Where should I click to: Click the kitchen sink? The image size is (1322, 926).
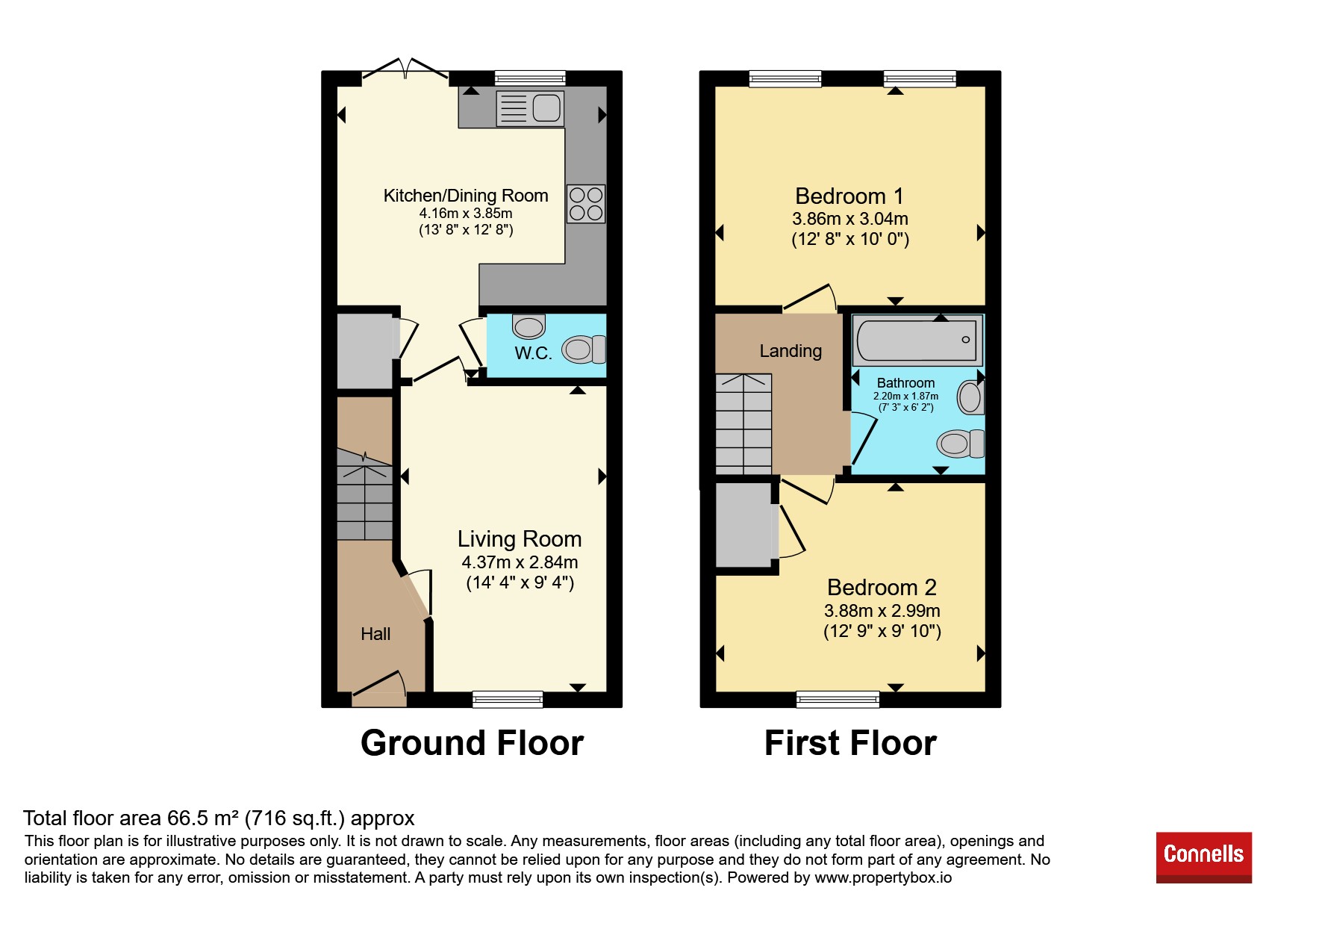530,108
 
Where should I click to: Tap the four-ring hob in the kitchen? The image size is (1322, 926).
586,204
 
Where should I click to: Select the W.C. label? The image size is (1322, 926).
533,353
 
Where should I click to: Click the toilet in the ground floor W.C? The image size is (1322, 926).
584,349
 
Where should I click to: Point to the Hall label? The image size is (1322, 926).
375,634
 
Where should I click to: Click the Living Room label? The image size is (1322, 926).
520,539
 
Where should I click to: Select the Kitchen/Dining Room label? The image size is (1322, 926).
466,196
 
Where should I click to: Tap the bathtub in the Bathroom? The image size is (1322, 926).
917,340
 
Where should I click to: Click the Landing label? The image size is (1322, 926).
791,351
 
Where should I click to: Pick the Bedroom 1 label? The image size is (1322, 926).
849,196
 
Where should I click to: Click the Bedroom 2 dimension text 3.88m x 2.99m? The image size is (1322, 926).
882,611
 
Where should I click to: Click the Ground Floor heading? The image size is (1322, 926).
472,744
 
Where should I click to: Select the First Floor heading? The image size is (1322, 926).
850,744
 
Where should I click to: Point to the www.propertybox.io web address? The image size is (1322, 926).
883,877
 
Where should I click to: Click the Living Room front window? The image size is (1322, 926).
508,700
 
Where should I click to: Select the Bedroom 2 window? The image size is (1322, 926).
838,700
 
